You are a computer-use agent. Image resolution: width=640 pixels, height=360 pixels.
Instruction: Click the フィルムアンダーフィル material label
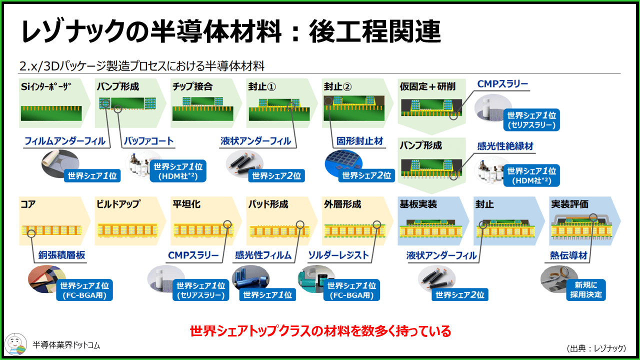coord(65,141)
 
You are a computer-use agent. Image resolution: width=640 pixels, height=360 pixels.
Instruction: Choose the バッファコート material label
coord(149,141)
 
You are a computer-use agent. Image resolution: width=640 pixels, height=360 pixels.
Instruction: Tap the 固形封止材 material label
coord(360,141)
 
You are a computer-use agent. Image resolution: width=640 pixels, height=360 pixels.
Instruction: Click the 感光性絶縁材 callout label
coord(505,146)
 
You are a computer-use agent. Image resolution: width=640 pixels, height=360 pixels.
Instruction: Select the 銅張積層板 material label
coord(62,255)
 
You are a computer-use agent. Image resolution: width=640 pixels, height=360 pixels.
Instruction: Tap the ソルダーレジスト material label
coord(338,255)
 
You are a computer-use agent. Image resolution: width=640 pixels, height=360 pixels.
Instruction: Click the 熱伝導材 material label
coord(568,255)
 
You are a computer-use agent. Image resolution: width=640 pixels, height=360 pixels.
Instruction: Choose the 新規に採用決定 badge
coord(586,289)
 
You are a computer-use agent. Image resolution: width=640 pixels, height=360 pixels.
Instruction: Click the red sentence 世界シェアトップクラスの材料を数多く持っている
coord(320,331)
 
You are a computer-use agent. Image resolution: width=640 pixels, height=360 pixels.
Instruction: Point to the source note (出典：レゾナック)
coord(596,348)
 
